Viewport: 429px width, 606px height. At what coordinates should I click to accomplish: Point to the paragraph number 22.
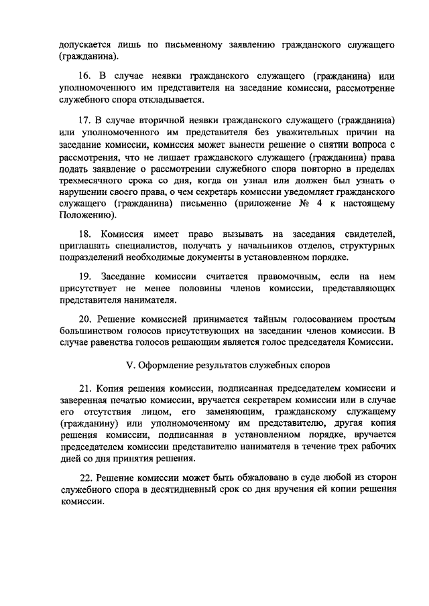pyautogui.click(x=86, y=479)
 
